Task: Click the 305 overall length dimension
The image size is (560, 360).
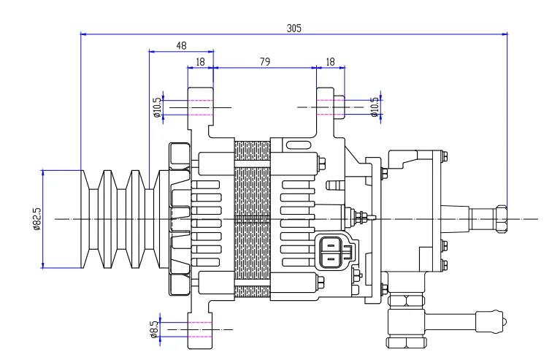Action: [294, 28]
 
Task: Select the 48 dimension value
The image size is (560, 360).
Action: [180, 45]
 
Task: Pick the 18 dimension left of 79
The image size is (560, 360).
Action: [199, 63]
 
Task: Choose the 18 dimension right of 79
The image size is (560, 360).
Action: [329, 63]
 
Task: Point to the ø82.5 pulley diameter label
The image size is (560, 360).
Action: [36, 219]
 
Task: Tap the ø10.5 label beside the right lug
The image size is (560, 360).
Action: [375, 107]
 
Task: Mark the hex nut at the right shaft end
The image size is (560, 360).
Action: [501, 218]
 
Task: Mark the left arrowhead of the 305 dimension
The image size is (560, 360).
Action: [83, 34]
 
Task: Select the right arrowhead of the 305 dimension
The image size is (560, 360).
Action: [505, 34]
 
